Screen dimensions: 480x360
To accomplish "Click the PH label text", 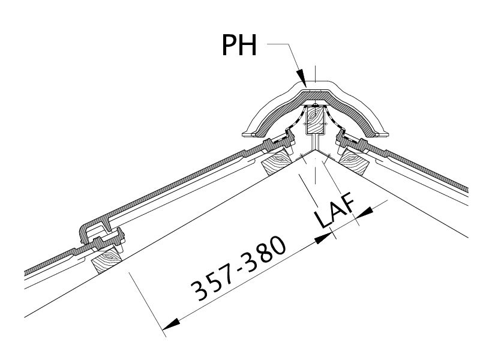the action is point(239,45).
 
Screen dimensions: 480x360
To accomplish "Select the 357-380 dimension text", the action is point(238,268).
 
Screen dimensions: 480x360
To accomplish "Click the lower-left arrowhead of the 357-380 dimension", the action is point(171,324).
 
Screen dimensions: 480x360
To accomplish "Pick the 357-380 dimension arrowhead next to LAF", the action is point(323,238).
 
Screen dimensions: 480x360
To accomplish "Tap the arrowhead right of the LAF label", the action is point(364,212).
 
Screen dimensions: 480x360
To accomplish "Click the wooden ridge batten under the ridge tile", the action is point(316,119).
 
